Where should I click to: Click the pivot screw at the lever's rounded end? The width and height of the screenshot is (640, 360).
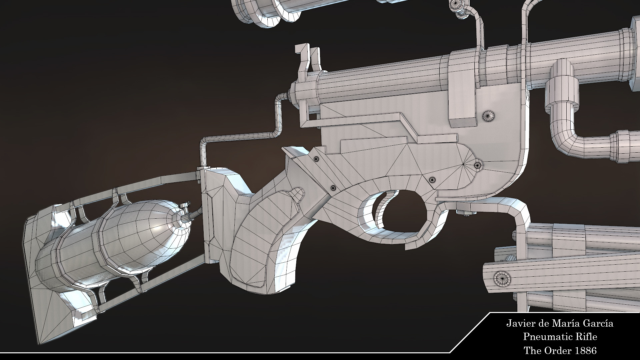point(478,165)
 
